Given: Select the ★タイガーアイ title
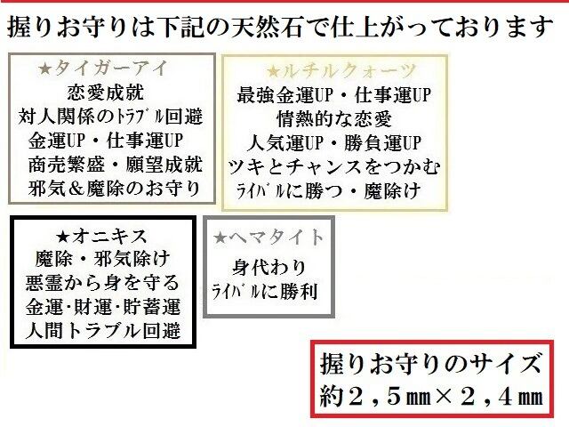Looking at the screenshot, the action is coord(110,68).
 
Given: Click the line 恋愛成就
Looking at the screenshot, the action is coord(111,93).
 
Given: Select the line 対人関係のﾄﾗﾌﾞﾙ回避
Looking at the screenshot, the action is coord(111,117).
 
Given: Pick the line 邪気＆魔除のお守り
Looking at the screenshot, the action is coord(111,189).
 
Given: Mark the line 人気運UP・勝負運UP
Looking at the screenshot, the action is coord(335,142).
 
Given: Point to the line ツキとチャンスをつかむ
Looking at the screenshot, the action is coord(335,166).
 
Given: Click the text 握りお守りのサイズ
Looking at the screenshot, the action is coord(430,365).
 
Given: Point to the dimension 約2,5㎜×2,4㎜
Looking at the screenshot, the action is coord(430,394).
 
